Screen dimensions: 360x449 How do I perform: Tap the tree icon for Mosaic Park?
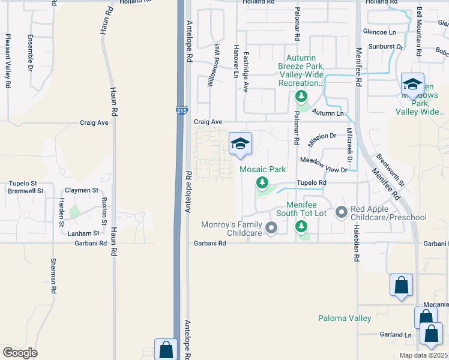click(x=262, y=182)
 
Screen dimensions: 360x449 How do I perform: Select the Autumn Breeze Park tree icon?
click(x=301, y=97)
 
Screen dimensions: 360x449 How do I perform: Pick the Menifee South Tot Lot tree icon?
click(x=301, y=226)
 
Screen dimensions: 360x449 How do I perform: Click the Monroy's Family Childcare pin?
click(x=271, y=227)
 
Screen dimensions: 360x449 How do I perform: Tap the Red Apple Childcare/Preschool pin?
click(x=342, y=212)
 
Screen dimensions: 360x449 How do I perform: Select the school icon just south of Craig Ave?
click(x=240, y=144)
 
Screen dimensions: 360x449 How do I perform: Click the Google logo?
click(x=20, y=352)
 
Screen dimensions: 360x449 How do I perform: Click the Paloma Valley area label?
click(x=345, y=318)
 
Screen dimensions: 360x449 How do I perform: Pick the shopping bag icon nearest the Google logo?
click(x=166, y=349)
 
